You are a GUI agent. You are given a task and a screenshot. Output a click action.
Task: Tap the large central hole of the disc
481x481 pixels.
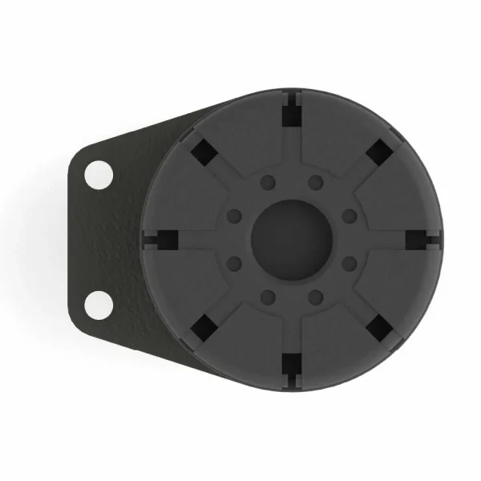point(292,238)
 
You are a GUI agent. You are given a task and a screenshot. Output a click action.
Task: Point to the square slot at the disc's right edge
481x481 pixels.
point(417,239)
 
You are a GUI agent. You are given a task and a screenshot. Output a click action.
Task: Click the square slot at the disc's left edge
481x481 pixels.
point(167,239)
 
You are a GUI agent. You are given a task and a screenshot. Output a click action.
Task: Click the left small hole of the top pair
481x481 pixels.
point(269,181)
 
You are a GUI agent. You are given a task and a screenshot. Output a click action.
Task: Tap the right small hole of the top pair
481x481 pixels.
point(315,181)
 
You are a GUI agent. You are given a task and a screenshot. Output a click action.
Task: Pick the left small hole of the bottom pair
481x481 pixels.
point(269,297)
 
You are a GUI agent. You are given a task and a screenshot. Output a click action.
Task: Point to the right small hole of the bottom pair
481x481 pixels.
point(315,297)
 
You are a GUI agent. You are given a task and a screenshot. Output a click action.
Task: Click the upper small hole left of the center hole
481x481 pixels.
point(235,216)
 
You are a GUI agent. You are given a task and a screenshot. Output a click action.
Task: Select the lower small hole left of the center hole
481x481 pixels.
point(235,262)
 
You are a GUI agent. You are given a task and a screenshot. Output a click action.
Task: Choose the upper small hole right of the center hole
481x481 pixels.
point(349,216)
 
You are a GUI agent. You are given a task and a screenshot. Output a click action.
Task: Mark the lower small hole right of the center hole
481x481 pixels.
point(349,262)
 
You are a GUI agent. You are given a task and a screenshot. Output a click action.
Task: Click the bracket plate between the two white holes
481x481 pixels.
point(100,239)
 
